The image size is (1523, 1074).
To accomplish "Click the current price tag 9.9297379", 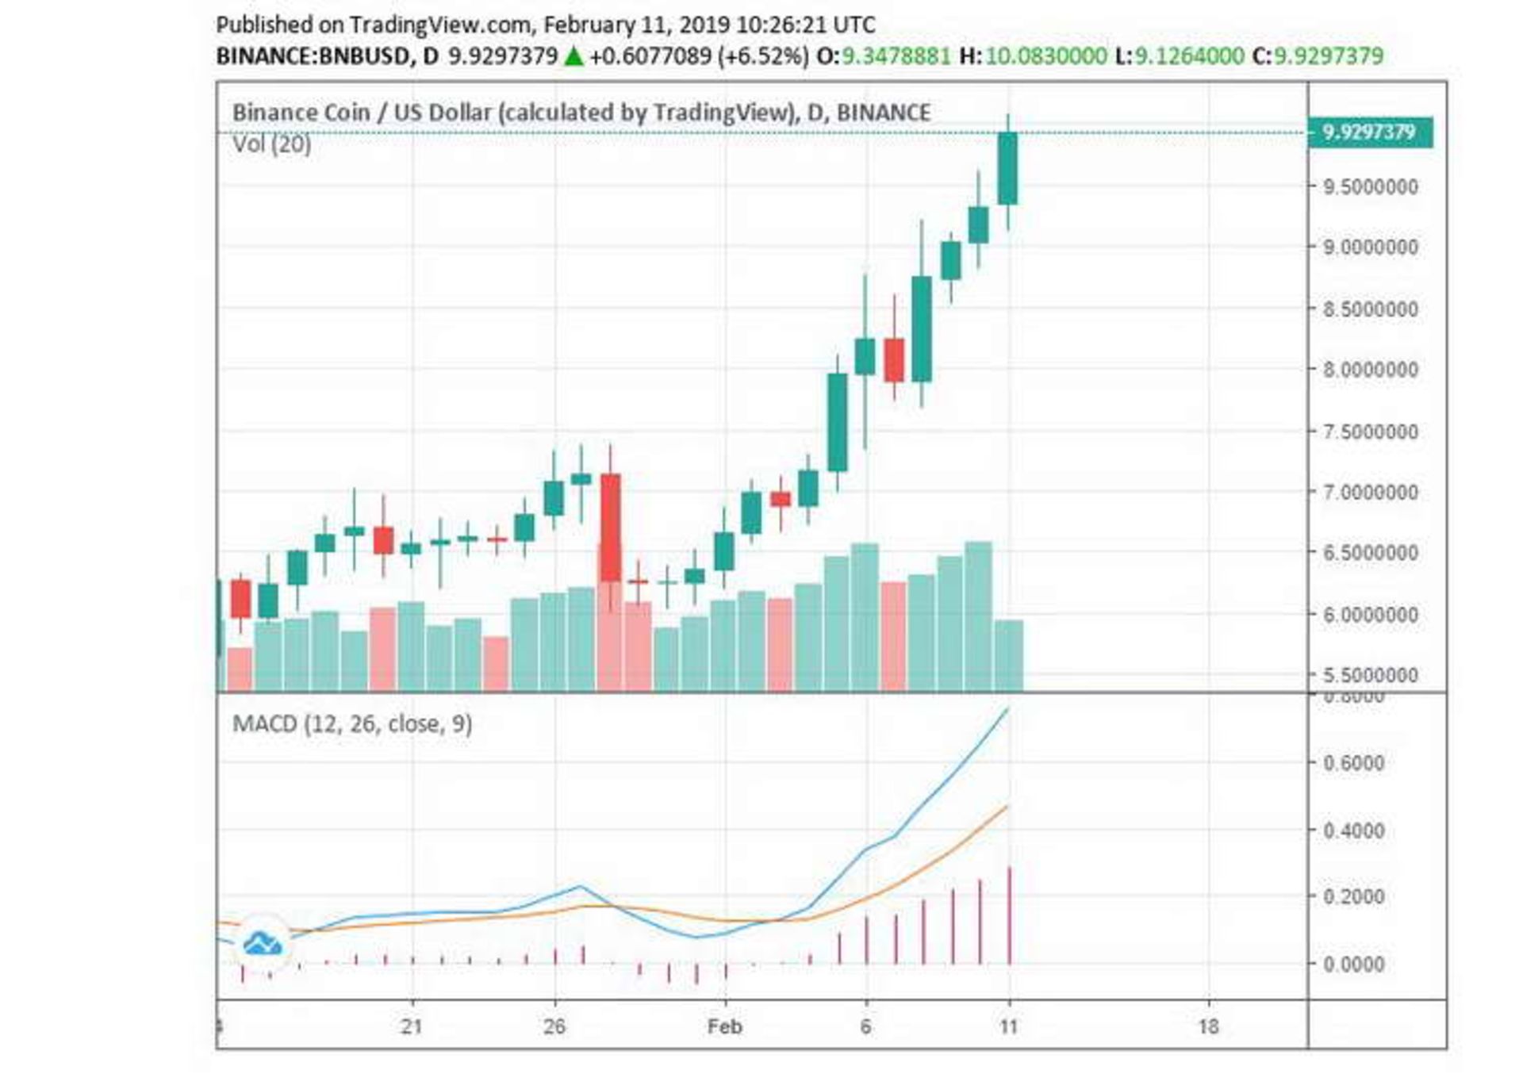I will (1369, 132).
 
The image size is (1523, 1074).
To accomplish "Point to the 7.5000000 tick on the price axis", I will (1370, 432).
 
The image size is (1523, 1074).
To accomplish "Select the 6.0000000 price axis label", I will (1370, 615).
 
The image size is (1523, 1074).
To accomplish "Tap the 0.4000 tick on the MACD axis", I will (1353, 831).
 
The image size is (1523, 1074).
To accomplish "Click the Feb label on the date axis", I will (724, 1027).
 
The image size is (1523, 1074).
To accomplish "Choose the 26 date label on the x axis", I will (554, 1027).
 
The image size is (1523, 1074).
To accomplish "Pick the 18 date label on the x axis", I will (1207, 1027).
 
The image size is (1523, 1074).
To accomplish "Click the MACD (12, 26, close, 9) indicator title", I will (352, 724).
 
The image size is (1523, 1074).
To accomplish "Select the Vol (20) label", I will (271, 145).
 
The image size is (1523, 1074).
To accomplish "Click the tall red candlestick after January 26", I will (610, 527).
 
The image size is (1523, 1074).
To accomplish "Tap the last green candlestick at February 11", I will (1007, 169).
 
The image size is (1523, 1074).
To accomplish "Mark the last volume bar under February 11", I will (1008, 655).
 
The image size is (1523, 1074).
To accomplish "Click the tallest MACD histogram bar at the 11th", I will (1009, 916).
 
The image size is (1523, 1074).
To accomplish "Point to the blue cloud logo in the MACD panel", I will (262, 943).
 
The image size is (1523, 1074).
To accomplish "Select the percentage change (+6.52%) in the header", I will (763, 56).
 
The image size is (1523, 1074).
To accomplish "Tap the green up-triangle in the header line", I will (574, 56).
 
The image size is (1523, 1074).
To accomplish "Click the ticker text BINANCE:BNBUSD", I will (313, 56).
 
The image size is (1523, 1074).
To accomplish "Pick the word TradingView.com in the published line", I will (440, 25).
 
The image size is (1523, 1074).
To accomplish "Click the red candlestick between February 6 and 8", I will (894, 360).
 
